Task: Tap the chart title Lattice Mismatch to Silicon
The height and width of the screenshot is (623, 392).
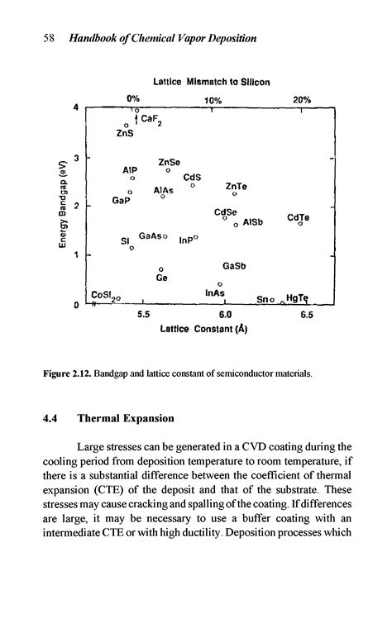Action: (212, 82)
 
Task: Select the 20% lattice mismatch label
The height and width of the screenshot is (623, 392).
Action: (302, 99)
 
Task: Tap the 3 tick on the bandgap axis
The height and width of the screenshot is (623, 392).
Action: (76, 157)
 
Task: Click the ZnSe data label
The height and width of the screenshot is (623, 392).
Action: (170, 162)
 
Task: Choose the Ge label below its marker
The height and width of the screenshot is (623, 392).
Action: (162, 278)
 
